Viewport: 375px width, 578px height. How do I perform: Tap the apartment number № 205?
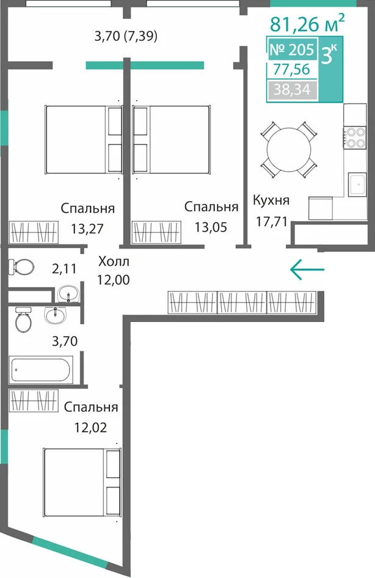[292, 49]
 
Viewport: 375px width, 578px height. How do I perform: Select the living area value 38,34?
[292, 90]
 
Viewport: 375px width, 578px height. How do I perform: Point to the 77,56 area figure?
[291, 69]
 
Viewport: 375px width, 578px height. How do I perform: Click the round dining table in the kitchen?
[289, 150]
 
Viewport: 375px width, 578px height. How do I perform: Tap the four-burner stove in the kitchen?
[355, 137]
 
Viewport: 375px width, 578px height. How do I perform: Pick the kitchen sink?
[357, 185]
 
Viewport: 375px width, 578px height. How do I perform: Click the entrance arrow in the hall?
[307, 269]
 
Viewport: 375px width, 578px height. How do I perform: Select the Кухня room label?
[271, 200]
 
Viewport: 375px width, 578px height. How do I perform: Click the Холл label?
[114, 262]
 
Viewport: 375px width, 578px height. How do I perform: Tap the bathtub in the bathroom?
[40, 370]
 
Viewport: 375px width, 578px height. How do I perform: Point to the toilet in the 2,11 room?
[21, 266]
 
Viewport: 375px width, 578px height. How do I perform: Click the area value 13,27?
[87, 229]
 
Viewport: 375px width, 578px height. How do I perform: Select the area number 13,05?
[211, 227]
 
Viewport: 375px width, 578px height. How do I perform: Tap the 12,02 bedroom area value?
[90, 428]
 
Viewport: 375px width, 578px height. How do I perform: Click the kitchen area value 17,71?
[272, 222]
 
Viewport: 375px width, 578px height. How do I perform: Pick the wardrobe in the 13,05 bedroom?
[156, 232]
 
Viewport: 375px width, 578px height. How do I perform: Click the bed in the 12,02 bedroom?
[82, 482]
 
